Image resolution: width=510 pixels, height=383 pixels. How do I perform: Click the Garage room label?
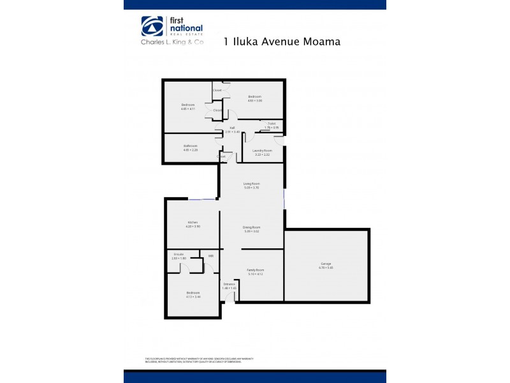(326, 264)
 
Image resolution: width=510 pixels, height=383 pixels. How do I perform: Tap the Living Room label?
(252, 183)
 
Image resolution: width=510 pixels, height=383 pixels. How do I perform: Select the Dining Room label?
(252, 227)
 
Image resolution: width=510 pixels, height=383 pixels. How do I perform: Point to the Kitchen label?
(184, 222)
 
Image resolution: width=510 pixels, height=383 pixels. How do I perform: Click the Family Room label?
(255, 270)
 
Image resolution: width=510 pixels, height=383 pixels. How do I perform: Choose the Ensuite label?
(178, 254)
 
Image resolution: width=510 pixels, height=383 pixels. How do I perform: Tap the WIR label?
(210, 256)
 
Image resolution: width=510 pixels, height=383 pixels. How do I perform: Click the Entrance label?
(229, 283)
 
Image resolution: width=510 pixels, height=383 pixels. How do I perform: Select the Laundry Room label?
(262, 151)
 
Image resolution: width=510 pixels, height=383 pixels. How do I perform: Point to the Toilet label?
(272, 123)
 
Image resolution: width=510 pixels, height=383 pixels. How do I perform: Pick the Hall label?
(233, 128)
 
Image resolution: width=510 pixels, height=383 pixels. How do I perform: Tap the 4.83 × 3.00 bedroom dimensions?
(255, 100)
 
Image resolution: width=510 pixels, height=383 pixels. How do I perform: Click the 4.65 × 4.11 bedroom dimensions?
(187, 109)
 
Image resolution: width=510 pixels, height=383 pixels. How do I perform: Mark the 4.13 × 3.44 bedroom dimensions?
(193, 297)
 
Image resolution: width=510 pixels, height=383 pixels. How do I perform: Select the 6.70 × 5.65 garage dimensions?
(326, 267)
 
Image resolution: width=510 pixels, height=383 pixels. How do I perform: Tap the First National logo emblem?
(152, 27)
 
